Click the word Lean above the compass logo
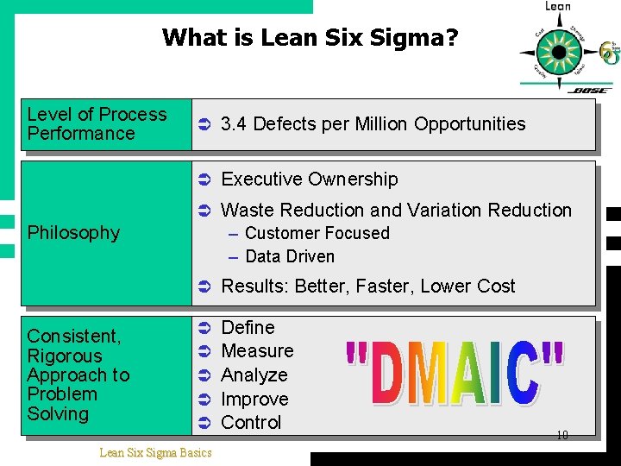(558, 7)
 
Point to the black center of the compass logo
(559, 52)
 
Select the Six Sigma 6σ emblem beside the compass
(610, 54)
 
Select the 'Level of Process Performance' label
(97, 124)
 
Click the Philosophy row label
(73, 233)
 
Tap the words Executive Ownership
(310, 179)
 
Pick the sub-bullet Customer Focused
(317, 234)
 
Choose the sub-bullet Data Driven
(290, 256)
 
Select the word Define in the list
(248, 328)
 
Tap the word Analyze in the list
(254, 375)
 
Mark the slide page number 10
(561, 436)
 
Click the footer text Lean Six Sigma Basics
(155, 452)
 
